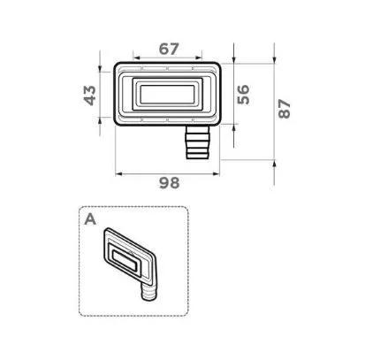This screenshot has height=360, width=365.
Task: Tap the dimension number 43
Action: point(89,94)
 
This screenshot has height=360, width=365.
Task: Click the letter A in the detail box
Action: point(90,219)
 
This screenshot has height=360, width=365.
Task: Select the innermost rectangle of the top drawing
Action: point(167,93)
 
